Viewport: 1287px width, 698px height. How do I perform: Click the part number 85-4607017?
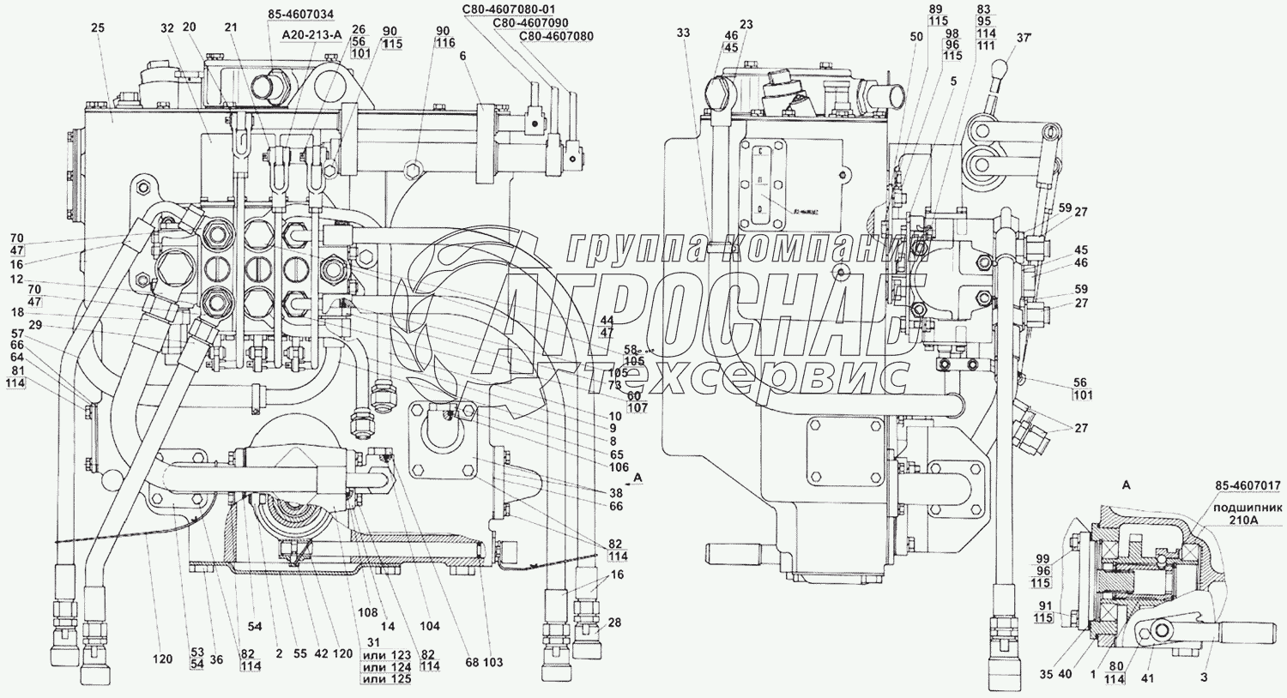(1246, 487)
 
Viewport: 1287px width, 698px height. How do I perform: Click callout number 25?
(97, 28)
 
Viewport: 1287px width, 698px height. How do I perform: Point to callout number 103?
(492, 662)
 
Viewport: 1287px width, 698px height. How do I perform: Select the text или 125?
(388, 679)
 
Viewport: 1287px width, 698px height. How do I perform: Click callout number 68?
(471, 662)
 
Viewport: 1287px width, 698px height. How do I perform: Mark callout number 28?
(613, 623)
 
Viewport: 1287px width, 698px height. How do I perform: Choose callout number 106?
(619, 467)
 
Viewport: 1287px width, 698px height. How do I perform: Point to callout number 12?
(16, 280)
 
